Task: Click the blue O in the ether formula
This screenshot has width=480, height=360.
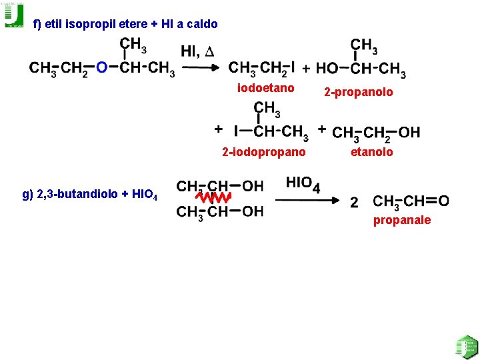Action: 101,67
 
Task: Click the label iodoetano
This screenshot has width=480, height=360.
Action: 266,88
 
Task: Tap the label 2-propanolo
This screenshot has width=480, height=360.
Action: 359,92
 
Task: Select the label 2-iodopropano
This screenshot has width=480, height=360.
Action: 264,153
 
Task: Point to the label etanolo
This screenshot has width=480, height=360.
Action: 372,152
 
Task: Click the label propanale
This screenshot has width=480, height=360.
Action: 402,220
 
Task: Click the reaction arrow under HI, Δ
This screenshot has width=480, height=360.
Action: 201,67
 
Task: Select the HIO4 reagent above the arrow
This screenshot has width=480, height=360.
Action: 303,183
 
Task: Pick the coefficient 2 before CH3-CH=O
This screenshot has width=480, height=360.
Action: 354,201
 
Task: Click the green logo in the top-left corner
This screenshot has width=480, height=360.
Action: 14,15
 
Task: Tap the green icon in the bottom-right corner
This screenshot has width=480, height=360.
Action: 465,347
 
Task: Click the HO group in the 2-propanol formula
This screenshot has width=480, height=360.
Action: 327,68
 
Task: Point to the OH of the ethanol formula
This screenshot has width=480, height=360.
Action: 409,132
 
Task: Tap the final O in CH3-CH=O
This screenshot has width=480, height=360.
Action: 443,200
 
